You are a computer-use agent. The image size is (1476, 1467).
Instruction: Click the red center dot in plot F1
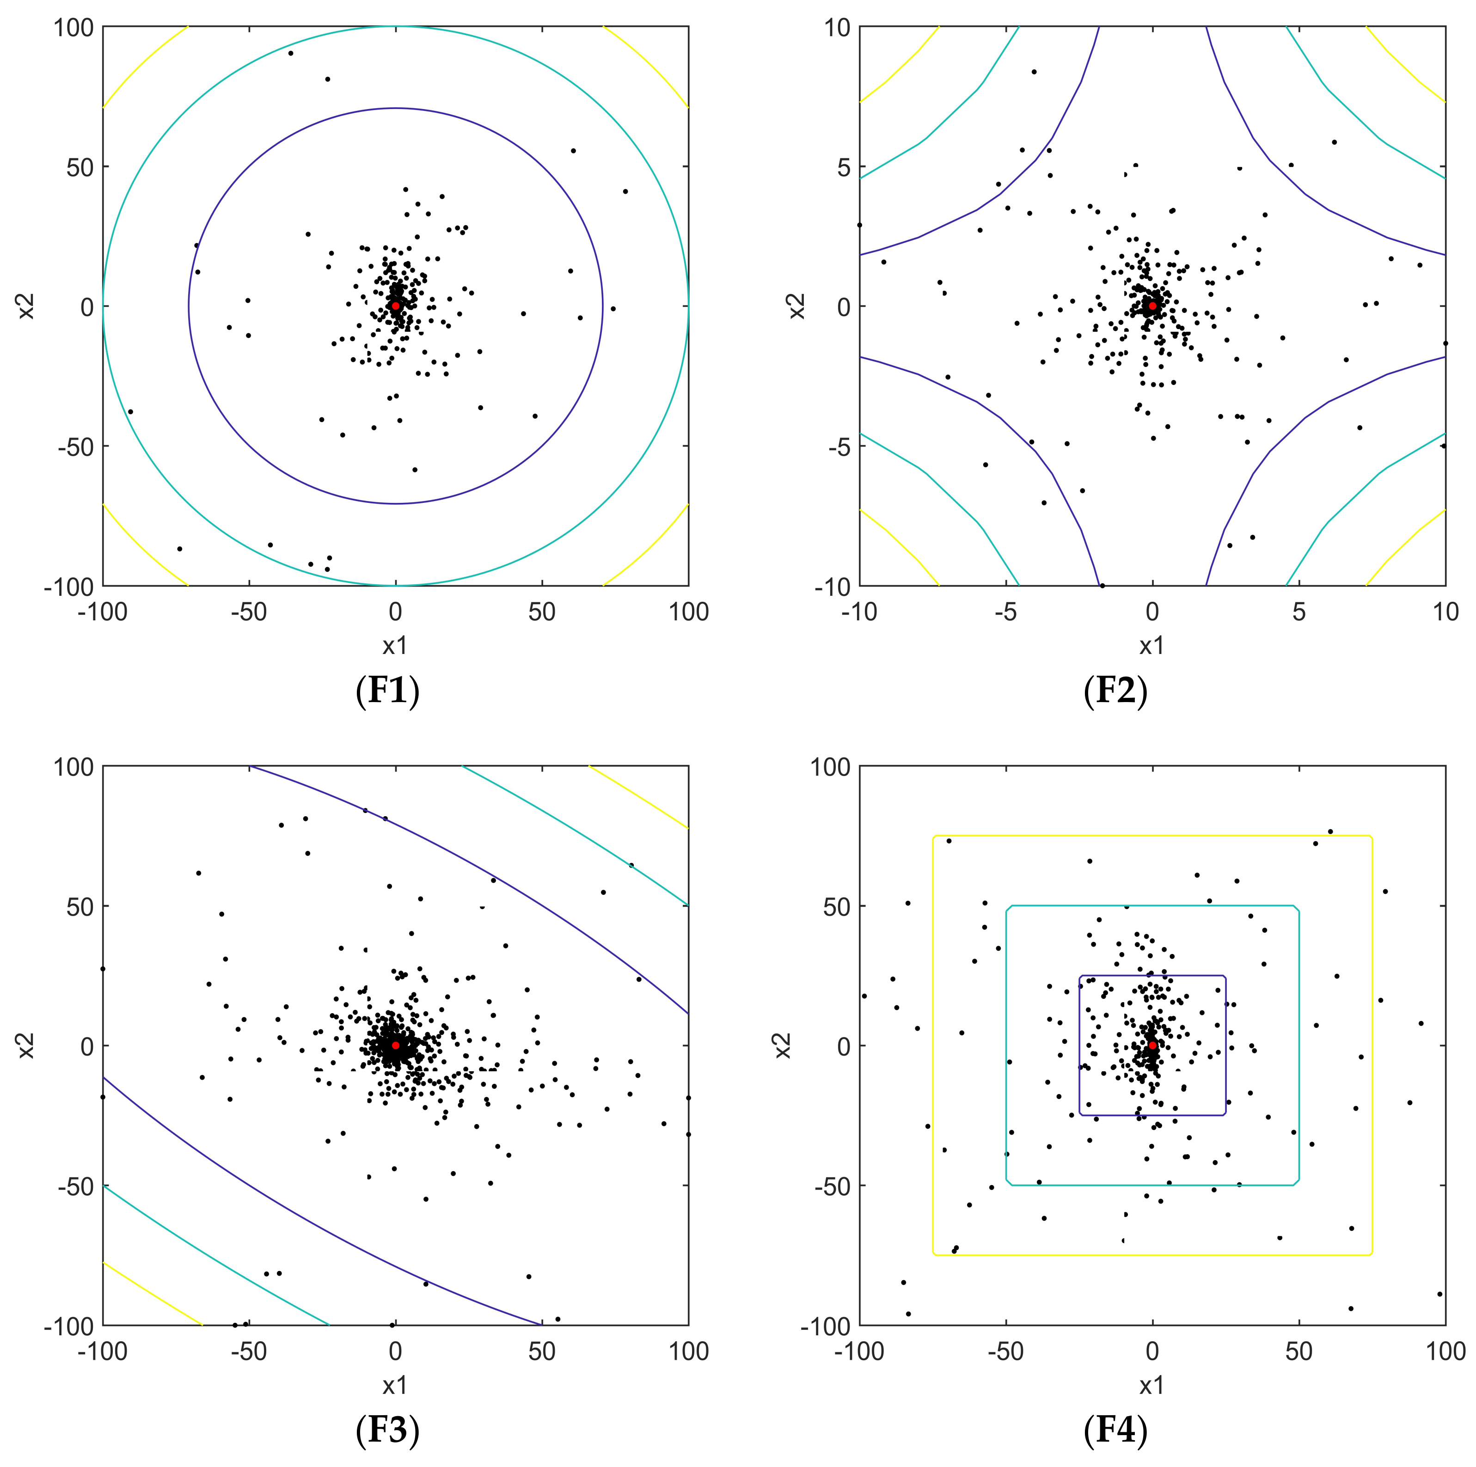[395, 306]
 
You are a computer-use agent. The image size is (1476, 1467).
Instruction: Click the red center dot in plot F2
[1151, 306]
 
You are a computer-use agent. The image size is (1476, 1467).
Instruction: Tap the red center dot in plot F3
[395, 1045]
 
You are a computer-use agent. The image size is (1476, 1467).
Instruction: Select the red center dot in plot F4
[1152, 1045]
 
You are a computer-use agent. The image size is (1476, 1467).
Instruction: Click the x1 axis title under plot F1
[395, 646]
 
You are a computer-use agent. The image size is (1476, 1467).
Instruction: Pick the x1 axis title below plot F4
[1151, 1385]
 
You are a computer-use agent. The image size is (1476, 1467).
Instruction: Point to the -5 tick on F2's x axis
[1006, 611]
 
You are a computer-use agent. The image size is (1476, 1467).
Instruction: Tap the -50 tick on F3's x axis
[249, 1351]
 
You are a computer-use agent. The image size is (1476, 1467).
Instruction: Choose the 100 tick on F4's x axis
[1445, 1351]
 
